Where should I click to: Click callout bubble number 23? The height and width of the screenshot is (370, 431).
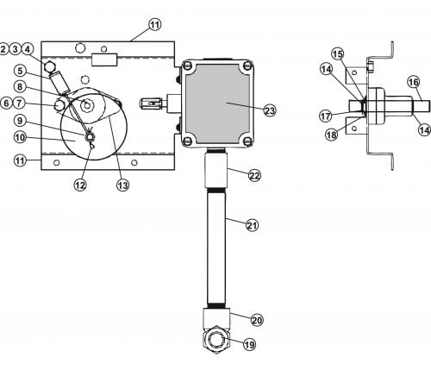[270, 110]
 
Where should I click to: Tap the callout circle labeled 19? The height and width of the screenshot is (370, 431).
[249, 344]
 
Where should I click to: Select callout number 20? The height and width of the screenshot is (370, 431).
[257, 320]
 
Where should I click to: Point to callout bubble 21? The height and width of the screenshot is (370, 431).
[252, 225]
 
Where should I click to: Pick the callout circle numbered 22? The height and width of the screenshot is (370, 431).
[254, 175]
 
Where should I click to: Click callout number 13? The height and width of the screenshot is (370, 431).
[122, 185]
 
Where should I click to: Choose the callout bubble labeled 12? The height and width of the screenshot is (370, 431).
[80, 185]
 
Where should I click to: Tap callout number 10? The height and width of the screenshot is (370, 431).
[20, 137]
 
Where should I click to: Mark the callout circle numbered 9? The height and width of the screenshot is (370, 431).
[20, 121]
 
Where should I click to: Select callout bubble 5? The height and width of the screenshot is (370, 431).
[20, 71]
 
